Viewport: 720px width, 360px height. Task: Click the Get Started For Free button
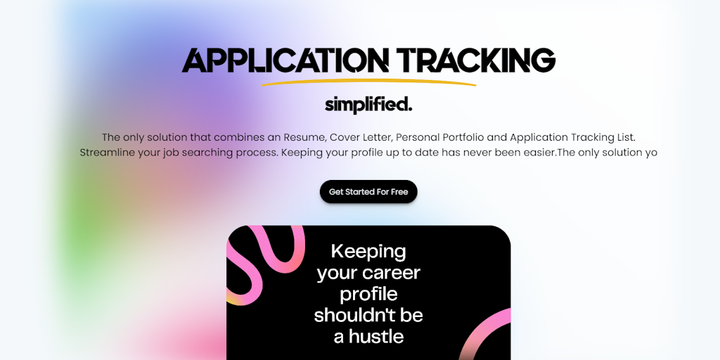368,191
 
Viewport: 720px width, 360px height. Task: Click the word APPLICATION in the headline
285,60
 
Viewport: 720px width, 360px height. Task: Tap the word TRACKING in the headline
476,60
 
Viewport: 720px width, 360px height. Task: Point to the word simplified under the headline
366,105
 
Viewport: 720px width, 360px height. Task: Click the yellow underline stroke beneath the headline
368,82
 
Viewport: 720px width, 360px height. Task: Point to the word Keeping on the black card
368,252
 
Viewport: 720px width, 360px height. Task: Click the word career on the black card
395,274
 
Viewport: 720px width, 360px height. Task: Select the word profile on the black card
368,295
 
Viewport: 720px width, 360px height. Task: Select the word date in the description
425,153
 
